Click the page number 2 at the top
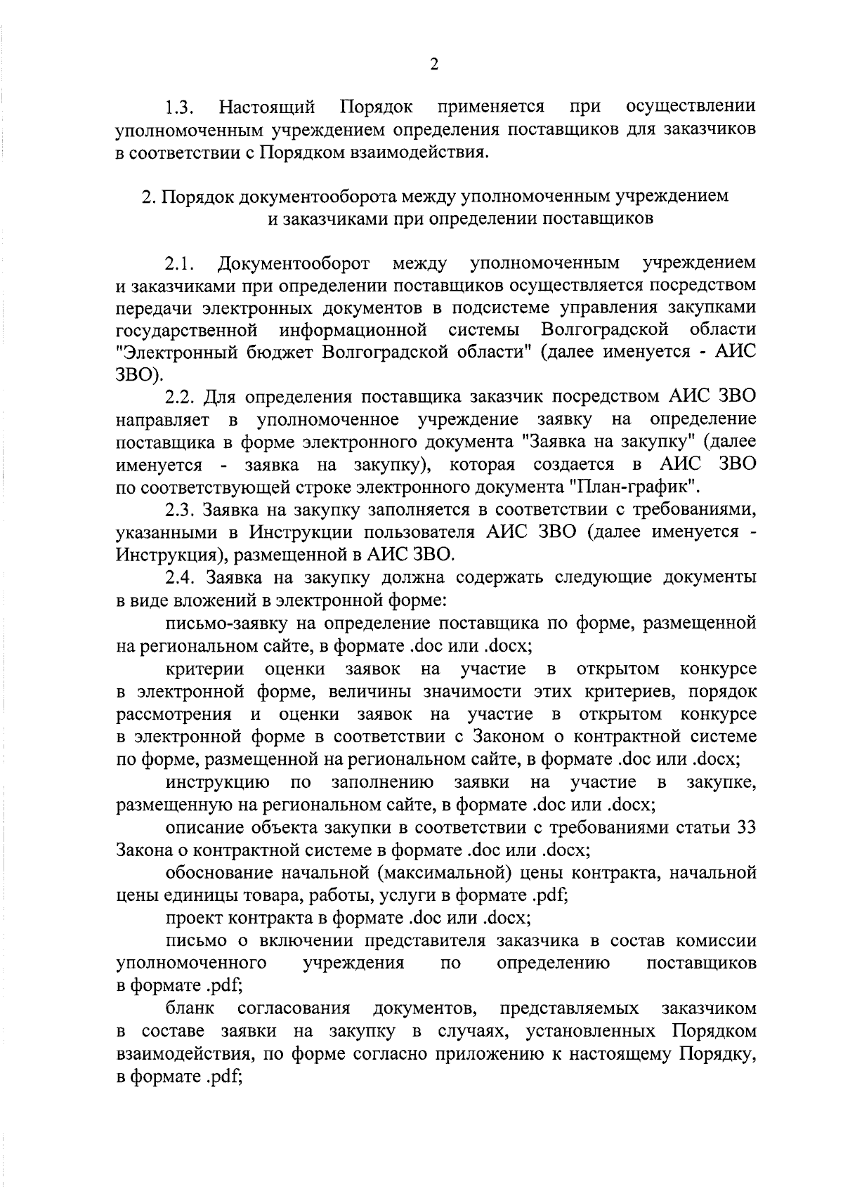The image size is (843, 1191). [433, 65]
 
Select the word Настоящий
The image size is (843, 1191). [267, 107]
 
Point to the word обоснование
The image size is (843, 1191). [219, 873]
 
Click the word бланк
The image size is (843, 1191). [190, 1009]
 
